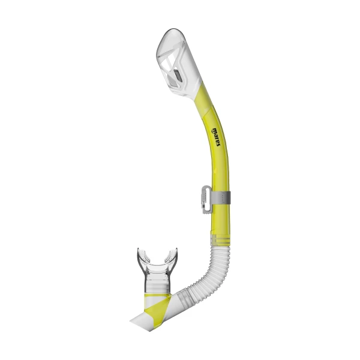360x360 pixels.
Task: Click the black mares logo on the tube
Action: click(216, 137)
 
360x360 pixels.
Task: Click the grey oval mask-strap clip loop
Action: click(206, 199)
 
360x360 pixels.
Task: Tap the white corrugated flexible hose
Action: click(209, 271)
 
